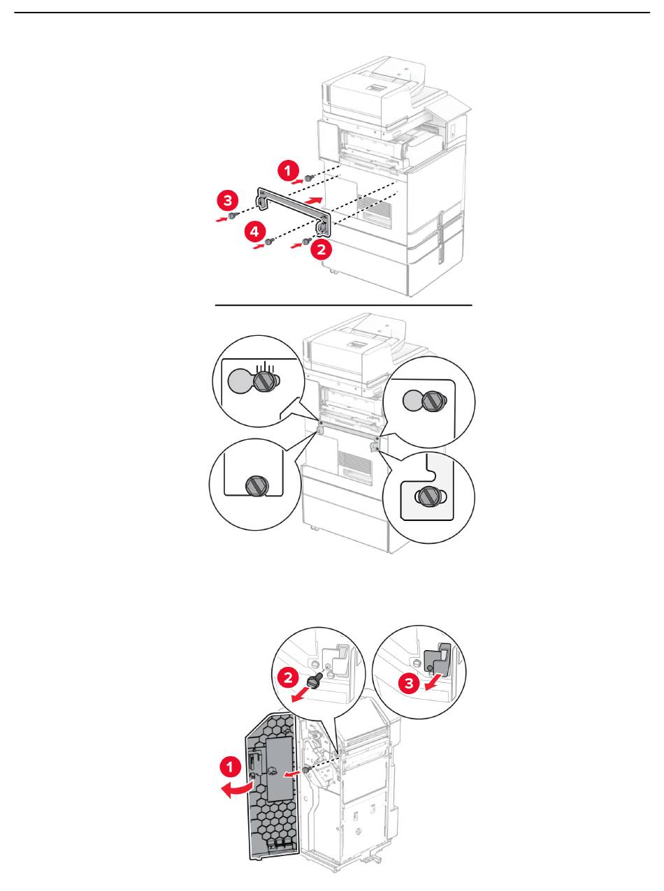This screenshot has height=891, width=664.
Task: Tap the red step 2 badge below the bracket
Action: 321,249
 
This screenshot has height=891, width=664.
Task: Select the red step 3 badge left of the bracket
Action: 226,201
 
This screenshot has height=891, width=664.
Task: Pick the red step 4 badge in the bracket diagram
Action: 255,231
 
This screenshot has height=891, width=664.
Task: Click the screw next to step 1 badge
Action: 309,178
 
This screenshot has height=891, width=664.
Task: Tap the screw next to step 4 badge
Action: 269,242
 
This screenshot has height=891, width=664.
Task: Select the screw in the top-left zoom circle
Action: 264,381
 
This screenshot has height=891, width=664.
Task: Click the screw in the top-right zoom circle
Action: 433,400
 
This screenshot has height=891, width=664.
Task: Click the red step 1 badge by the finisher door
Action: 232,766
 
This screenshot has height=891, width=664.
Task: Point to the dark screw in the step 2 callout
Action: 315,677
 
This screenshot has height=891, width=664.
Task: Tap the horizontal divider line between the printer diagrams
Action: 343,305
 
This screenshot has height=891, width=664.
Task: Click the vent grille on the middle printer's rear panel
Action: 349,460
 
